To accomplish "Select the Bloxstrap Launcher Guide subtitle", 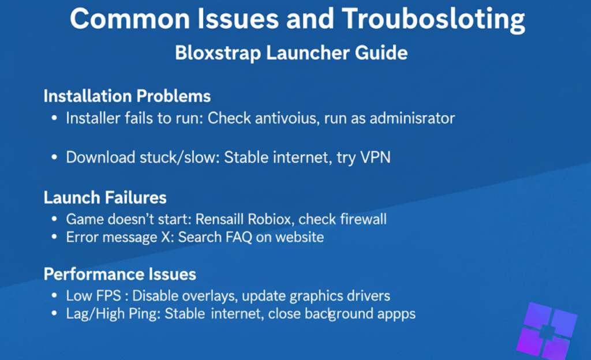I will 291,53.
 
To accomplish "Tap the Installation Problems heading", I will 127,96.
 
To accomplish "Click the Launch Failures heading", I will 105,198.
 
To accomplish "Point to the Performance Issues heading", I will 120,274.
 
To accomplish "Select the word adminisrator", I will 412,118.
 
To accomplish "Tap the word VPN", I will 376,157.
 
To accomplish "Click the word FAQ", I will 239,237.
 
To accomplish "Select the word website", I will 297,237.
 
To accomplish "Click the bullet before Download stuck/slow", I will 54,157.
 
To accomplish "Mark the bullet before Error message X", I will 54,237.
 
